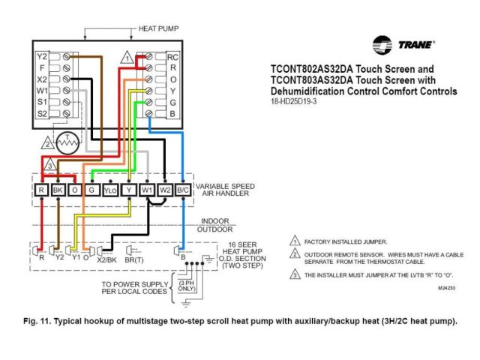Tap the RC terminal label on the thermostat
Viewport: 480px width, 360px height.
coord(172,56)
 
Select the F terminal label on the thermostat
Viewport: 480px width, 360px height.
coord(42,67)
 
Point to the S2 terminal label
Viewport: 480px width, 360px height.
coord(42,112)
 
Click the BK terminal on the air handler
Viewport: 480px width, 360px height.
coord(58,191)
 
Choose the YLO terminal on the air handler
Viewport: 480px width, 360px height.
coord(111,191)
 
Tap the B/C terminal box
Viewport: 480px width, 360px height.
coord(183,191)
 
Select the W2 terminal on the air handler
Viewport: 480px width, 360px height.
coord(165,191)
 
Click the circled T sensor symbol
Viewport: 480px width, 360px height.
coord(70,140)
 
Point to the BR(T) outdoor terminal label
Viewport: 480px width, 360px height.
coord(135,258)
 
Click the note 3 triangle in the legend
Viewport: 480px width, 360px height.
coord(295,274)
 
